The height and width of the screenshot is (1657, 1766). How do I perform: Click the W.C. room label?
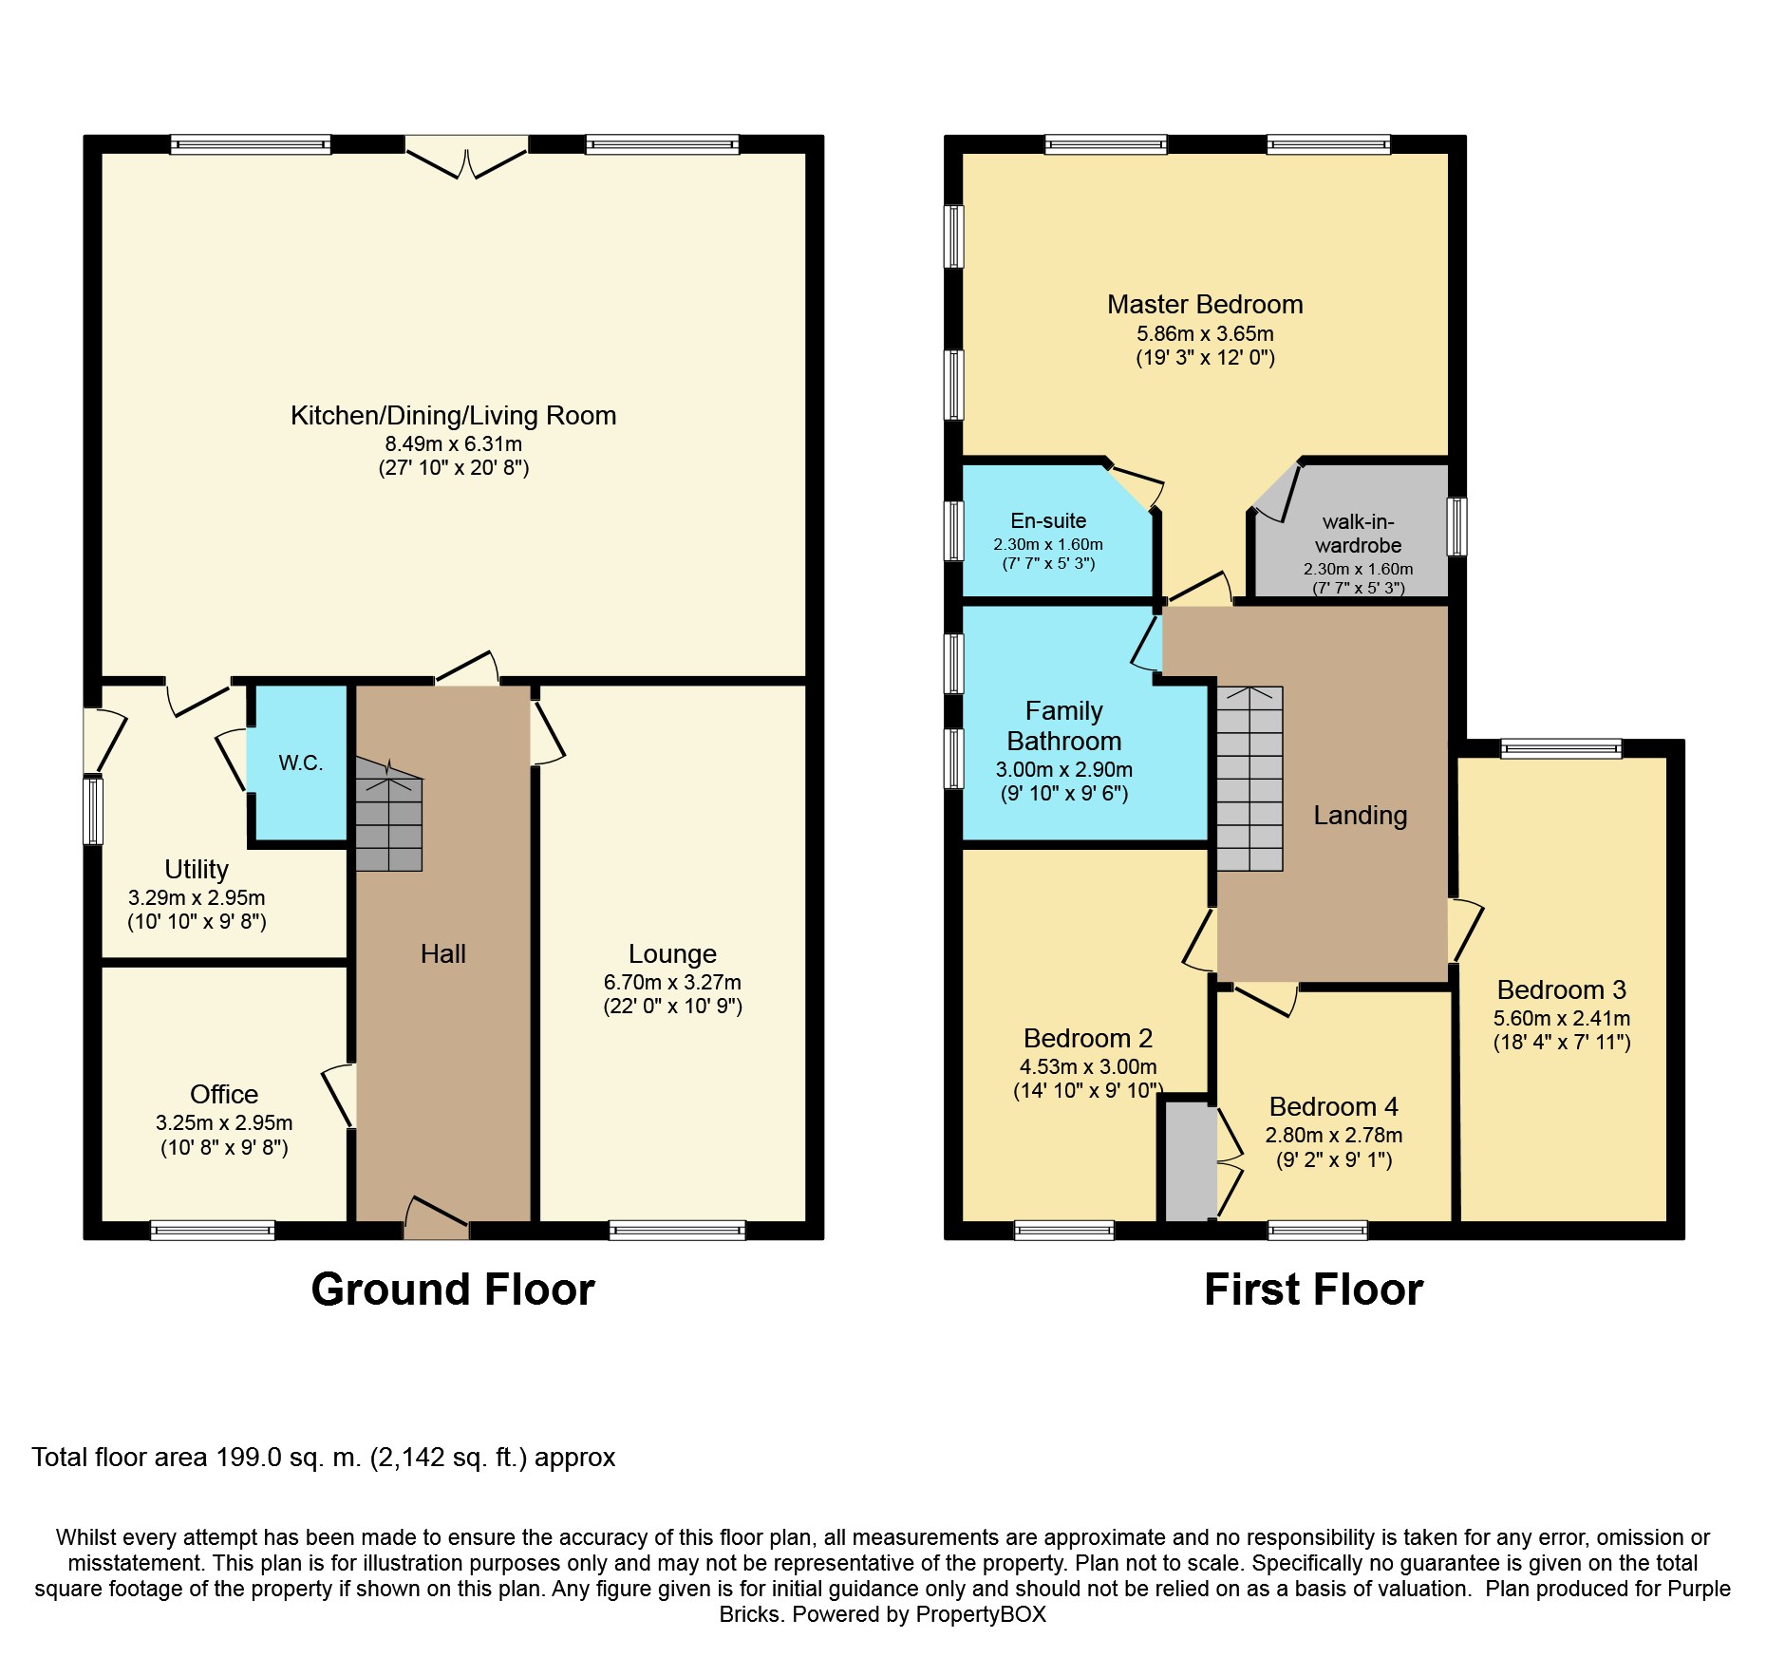[x=301, y=763]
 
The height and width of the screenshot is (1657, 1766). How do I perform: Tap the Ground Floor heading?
[x=453, y=1290]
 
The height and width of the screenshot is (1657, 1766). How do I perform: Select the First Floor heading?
[x=1314, y=1290]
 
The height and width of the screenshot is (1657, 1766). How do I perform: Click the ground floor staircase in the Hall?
[x=388, y=815]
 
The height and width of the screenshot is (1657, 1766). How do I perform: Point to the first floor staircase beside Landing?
[x=1249, y=779]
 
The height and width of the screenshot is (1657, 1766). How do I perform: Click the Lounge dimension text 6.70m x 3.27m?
[x=672, y=983]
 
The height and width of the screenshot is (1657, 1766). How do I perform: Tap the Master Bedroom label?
[x=1205, y=305]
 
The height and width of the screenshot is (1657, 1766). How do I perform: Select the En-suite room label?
[x=1048, y=521]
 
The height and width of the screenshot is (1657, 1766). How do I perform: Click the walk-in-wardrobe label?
[x=1358, y=534]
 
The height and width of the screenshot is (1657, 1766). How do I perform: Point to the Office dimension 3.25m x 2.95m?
[x=224, y=1123]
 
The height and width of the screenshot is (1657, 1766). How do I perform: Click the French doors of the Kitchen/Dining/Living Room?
[x=466, y=158]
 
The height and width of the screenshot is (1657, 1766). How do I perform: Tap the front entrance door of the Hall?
[x=437, y=1217]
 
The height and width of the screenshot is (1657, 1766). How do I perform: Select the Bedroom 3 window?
[x=1561, y=749]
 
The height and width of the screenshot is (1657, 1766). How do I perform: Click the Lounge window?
[x=677, y=1231]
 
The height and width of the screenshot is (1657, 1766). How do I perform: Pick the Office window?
[x=213, y=1231]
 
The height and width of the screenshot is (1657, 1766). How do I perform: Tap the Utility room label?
[x=197, y=870]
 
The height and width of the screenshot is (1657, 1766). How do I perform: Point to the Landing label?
[x=1361, y=816]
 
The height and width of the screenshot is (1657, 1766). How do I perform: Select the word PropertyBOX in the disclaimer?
[x=981, y=1614]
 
